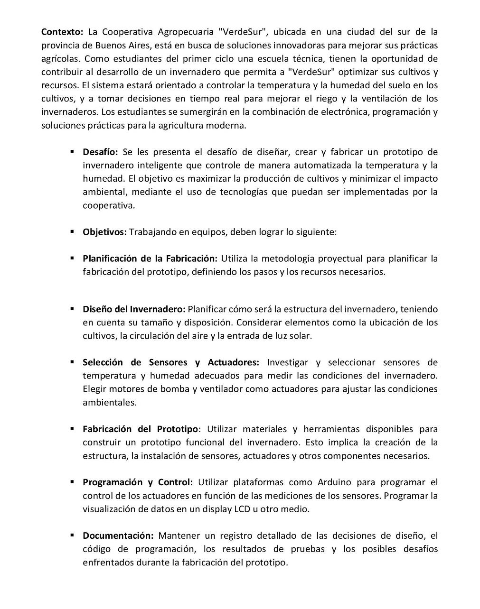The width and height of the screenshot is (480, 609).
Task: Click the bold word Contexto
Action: click(x=62, y=32)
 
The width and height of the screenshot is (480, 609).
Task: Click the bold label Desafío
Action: click(x=100, y=152)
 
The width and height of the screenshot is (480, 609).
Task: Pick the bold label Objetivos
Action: click(x=104, y=232)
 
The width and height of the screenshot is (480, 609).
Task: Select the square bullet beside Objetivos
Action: click(x=72, y=232)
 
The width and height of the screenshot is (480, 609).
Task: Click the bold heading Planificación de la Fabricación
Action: click(x=150, y=259)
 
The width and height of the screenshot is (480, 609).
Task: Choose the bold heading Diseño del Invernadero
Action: click(x=134, y=309)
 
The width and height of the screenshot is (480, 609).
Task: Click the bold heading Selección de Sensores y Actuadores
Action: click(x=170, y=363)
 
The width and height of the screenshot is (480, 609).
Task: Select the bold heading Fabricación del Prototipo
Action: click(x=140, y=429)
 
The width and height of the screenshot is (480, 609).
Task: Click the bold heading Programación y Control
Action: click(x=138, y=482)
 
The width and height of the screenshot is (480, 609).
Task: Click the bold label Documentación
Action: click(x=118, y=536)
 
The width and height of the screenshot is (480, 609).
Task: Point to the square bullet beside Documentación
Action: click(x=72, y=535)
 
